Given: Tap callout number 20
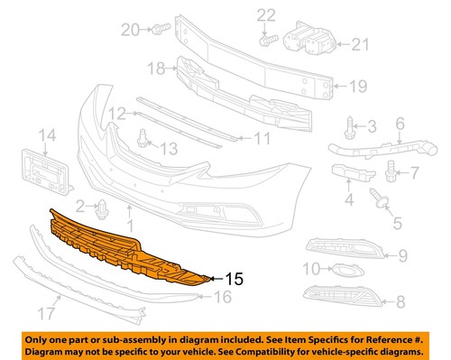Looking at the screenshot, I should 132,30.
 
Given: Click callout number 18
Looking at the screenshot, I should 155,68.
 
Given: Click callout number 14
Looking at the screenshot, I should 45,136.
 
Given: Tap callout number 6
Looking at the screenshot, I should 425,123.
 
